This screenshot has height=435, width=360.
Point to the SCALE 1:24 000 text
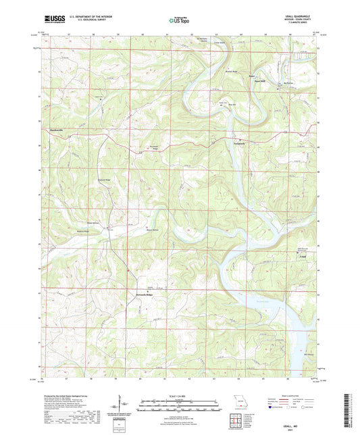pyautogui.click(x=179, y=395)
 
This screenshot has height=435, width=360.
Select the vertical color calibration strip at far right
pyautogui.click(x=353, y=409)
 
